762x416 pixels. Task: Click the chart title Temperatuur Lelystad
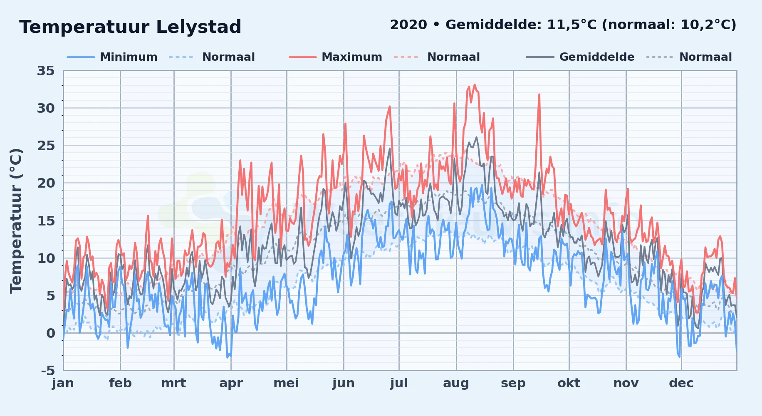point(130,27)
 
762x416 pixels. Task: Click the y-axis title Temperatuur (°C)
point(16,220)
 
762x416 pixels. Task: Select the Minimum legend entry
point(112,57)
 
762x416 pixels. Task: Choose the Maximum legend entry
point(336,57)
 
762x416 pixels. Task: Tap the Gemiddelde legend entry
point(581,57)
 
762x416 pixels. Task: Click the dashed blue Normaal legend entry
point(212,57)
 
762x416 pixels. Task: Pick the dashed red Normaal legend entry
point(437,57)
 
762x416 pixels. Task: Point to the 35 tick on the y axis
point(46,71)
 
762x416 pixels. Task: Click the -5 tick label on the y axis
point(48,370)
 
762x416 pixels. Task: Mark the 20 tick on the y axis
point(46,183)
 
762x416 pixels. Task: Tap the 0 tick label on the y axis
point(51,333)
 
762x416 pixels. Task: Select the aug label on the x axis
point(456,383)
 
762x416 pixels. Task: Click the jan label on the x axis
point(63,383)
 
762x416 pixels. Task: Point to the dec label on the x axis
point(681,383)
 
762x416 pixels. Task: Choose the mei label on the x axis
point(286,383)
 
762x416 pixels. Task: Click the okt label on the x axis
point(569,383)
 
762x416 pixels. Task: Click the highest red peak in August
point(475,85)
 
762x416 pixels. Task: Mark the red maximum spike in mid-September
point(539,95)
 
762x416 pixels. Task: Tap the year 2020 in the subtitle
point(408,25)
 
